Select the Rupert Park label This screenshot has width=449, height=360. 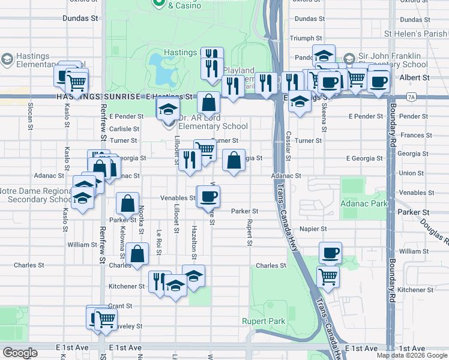(x=264, y=321)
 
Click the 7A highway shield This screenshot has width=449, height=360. (x=411, y=96)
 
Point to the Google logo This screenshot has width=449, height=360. (x=20, y=353)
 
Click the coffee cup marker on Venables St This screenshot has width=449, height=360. (x=209, y=196)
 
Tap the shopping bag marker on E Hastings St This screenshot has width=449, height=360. (x=208, y=103)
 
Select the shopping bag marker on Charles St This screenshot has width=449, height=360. (x=137, y=253)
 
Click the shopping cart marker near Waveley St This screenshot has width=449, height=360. (x=106, y=319)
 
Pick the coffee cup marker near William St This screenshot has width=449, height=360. (x=329, y=252)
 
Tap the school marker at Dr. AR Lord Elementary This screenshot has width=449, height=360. (x=168, y=110)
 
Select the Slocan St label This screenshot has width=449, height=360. (x=29, y=116)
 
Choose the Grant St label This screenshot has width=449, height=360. (x=120, y=306)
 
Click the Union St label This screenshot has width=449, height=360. (x=411, y=173)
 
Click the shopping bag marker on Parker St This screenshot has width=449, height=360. (x=127, y=204)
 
